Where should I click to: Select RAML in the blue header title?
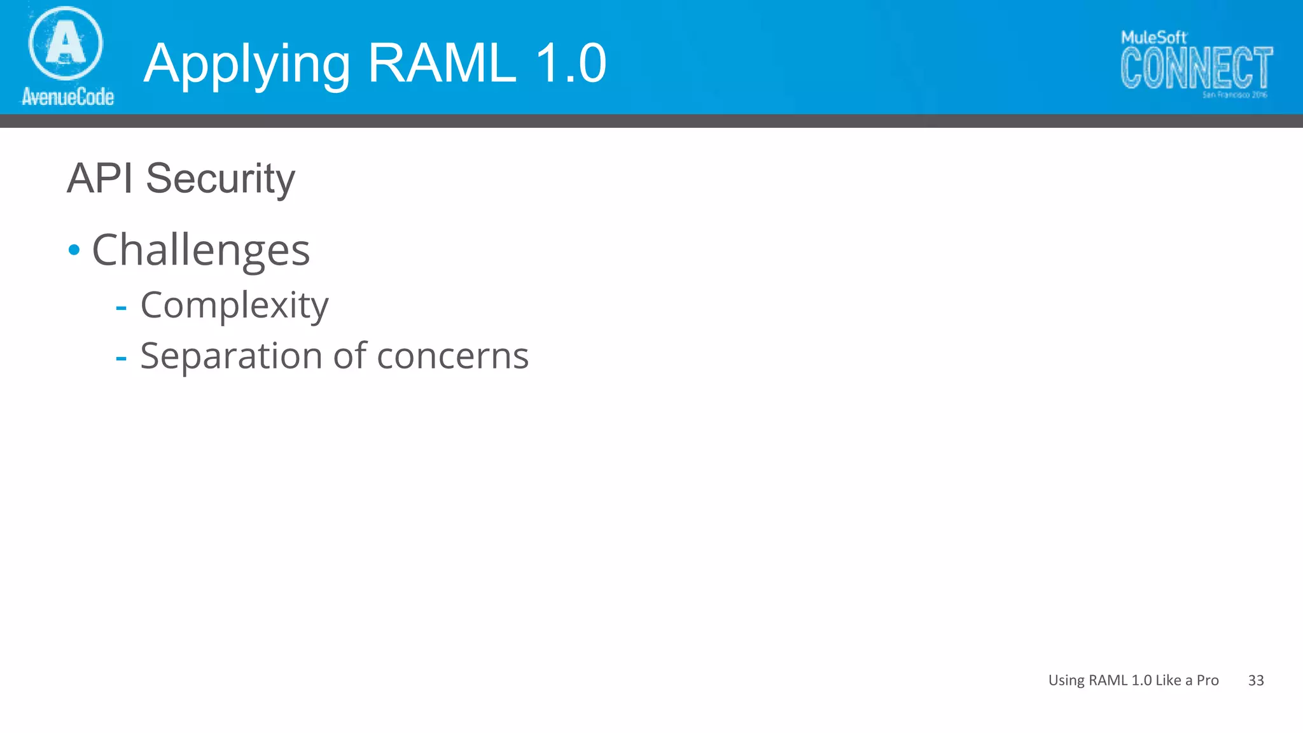442,63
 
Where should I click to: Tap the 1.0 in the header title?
571,63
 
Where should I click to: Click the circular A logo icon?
66,43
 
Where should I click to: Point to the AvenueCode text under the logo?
68,97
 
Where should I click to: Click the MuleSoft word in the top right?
1153,38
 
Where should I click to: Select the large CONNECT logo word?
1196,68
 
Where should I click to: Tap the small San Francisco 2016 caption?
1234,95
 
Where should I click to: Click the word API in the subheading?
100,178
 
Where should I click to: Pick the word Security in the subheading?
220,179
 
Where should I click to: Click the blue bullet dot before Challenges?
74,250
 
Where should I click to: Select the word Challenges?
201,250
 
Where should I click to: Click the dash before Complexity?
121,309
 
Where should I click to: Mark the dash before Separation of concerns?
121,359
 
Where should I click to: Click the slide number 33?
1256,680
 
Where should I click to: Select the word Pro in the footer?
1208,680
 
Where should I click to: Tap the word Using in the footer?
1066,681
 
